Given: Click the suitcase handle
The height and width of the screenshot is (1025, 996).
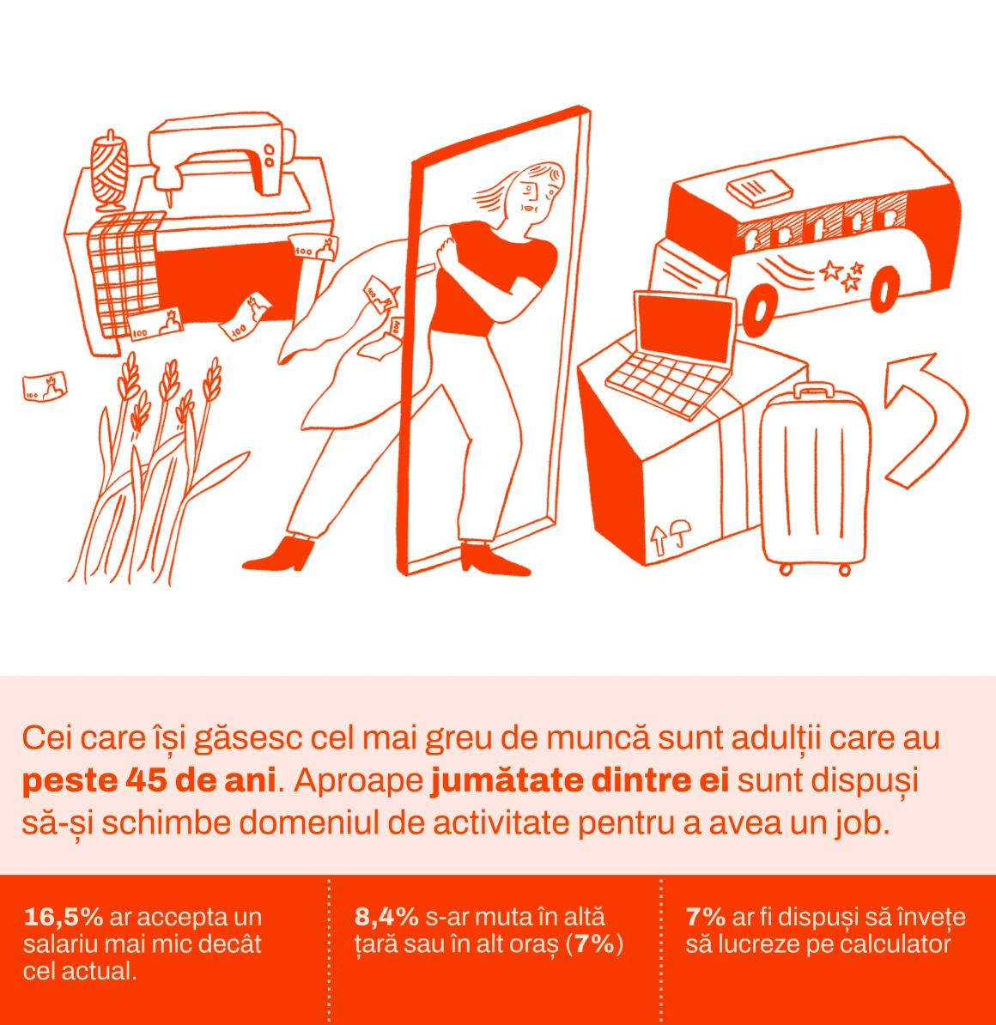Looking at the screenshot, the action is click(813, 390).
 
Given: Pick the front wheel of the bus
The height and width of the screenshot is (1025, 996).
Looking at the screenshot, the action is click(759, 310).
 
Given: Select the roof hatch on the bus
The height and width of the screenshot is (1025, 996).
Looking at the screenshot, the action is click(759, 188).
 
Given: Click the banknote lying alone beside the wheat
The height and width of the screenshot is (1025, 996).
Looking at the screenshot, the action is click(45, 386).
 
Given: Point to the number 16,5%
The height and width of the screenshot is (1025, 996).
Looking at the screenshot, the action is click(64, 917).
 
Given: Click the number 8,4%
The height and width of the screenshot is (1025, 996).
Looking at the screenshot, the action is click(386, 917).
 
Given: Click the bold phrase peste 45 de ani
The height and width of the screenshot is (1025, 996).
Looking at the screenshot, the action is click(149, 780).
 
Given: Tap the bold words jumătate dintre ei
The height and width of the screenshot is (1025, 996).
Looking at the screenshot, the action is click(580, 780).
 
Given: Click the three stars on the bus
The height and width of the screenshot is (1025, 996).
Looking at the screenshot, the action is click(843, 275).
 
